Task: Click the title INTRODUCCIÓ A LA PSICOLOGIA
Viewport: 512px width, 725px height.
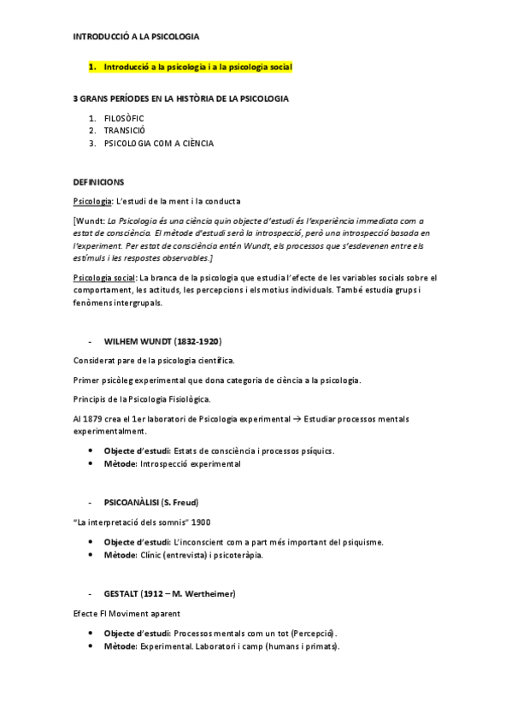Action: coord(137,37)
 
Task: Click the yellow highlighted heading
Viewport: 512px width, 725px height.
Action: coord(197,67)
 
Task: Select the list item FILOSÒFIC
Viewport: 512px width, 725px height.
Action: coord(124,118)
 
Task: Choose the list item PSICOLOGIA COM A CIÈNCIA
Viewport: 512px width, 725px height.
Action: coord(158,144)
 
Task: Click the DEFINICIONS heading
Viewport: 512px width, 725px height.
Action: coord(99,182)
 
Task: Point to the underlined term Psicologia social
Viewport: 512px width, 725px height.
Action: coord(105,278)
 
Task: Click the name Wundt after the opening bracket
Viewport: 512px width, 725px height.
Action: coord(91,220)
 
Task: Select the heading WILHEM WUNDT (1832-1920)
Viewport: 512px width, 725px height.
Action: coord(162,340)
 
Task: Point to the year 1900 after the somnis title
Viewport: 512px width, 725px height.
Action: coord(202,521)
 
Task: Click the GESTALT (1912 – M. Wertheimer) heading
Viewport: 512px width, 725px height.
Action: coord(169,592)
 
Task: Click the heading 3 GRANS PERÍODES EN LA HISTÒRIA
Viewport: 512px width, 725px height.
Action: coord(180,98)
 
